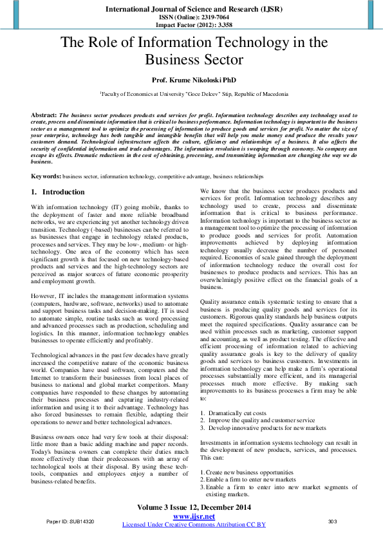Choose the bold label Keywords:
tap(46, 176)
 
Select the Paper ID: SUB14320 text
tap(70, 520)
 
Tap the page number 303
tap(333, 520)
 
